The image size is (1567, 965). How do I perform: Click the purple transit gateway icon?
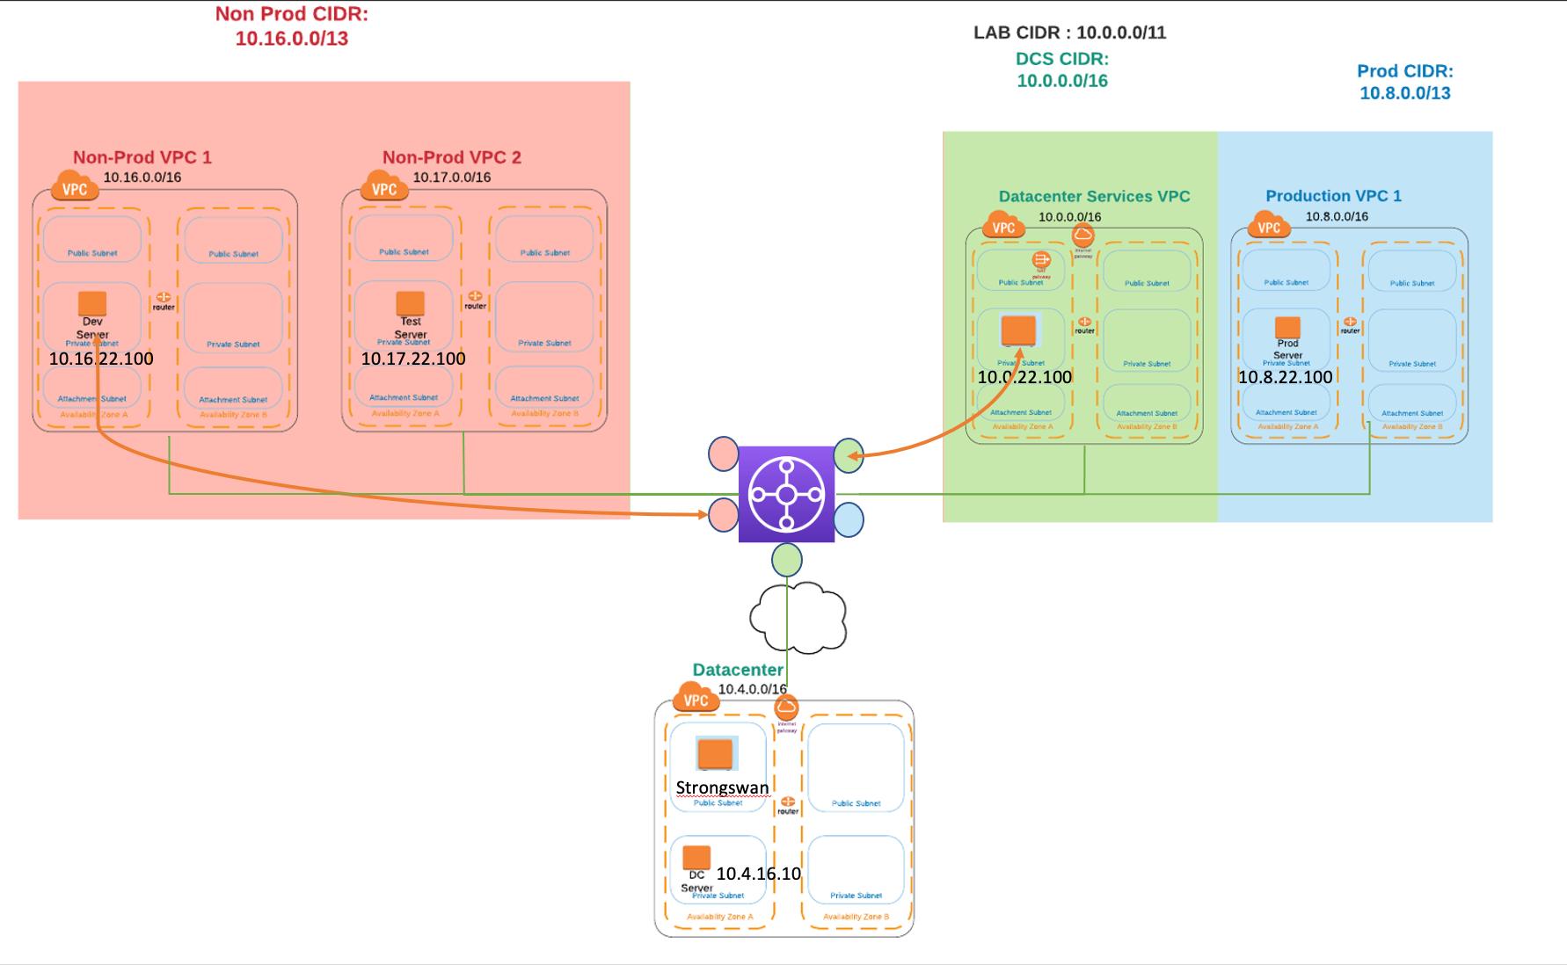786,494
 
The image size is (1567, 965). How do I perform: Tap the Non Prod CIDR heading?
292,26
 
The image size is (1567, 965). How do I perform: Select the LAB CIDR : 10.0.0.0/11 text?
1069,33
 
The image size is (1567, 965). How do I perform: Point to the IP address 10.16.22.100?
101,359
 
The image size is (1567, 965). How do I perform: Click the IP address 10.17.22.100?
413,359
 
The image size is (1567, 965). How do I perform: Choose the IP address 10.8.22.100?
1286,377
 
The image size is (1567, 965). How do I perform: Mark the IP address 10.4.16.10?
759,874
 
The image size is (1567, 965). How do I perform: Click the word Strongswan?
722,787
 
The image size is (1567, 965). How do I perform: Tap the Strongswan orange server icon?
715,754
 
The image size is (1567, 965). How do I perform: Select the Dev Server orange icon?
92,303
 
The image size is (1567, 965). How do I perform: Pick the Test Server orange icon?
411,303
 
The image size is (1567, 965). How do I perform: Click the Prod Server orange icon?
1287,328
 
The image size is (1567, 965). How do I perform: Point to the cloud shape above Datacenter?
798,617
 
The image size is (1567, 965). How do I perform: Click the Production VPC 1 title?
1333,196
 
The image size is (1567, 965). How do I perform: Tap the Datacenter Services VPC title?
1094,197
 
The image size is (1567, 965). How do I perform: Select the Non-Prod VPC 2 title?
452,157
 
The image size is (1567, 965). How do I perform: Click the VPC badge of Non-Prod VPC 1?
75,188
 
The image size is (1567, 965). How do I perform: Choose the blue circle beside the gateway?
849,519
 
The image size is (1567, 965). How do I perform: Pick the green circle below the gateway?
787,560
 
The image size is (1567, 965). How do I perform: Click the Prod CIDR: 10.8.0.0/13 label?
1405,82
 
